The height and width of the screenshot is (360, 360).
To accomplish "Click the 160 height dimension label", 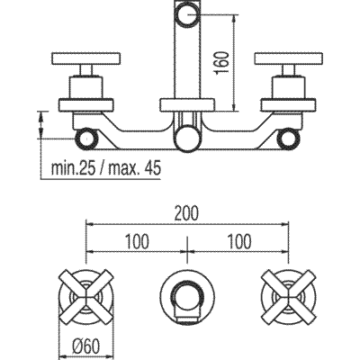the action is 222,62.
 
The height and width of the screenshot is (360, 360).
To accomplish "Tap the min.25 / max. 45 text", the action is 106,168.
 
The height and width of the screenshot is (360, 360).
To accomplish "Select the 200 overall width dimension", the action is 187,213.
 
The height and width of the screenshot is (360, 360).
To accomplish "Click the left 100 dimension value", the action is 137,241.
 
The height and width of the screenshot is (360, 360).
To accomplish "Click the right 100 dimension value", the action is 239,241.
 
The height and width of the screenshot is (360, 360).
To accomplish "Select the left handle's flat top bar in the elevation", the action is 86,58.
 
